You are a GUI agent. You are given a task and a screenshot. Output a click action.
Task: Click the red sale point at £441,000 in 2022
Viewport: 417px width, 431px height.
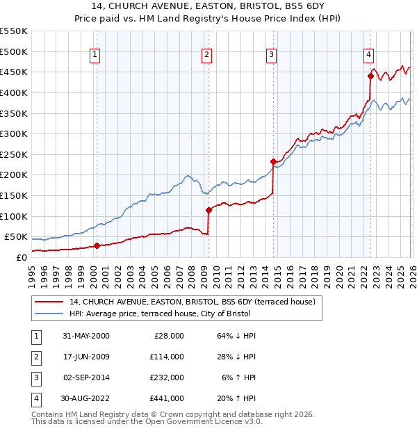pos(370,76)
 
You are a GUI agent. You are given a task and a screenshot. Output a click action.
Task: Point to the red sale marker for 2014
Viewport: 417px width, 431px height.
pos(273,162)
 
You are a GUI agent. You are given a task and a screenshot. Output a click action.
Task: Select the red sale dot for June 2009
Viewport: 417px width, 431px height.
pos(208,210)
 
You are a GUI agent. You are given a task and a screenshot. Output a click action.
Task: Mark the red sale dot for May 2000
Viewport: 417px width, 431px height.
pos(97,245)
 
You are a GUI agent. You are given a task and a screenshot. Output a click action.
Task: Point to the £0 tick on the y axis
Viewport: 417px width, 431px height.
pos(21,257)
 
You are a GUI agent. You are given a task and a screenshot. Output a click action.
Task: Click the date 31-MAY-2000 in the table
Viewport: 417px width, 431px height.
pos(85,336)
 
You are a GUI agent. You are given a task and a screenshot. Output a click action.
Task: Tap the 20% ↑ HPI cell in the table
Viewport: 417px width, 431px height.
pos(237,398)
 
